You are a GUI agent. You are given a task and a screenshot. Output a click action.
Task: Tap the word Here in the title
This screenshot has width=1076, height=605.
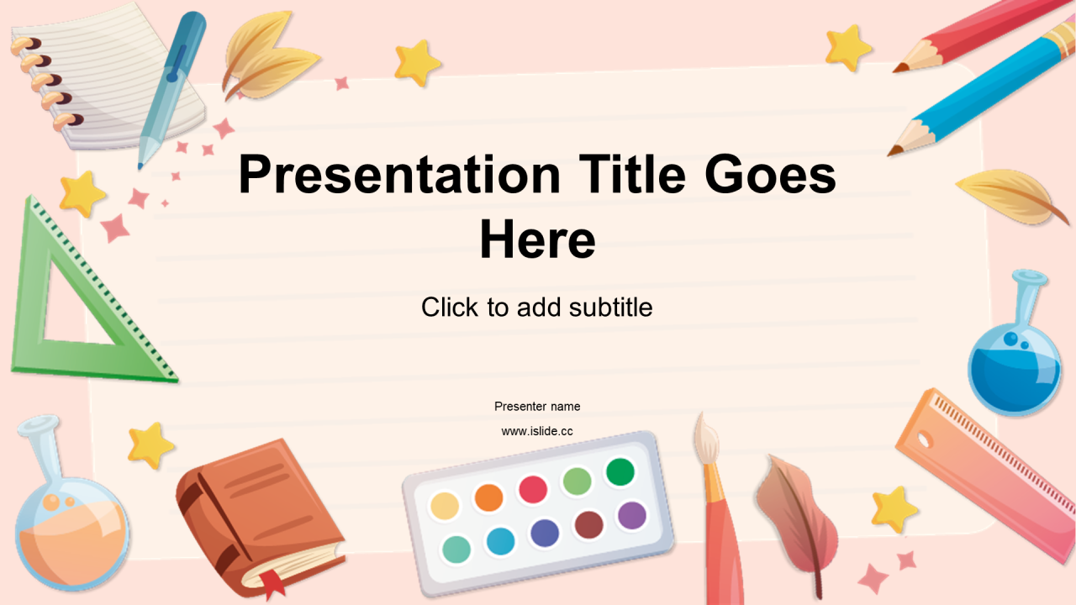(537, 239)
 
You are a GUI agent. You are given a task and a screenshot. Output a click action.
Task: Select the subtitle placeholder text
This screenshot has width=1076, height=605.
(537, 308)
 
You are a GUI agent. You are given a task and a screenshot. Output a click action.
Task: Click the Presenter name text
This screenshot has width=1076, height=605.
(537, 407)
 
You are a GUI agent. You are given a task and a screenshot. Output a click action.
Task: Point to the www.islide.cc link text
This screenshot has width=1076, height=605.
(537, 431)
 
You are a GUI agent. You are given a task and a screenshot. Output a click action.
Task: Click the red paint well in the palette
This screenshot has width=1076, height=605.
(533, 489)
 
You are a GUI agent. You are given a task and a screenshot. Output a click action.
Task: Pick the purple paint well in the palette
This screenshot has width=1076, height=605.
(631, 516)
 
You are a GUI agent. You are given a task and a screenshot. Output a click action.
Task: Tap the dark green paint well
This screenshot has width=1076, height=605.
(620, 472)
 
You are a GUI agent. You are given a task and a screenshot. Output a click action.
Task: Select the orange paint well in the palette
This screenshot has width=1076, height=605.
(488, 497)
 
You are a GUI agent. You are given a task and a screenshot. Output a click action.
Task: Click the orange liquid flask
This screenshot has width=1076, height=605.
(72, 533)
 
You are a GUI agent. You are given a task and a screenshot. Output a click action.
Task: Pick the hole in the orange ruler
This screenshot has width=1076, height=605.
(924, 439)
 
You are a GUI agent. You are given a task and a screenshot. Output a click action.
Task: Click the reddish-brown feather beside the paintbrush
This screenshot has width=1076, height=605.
(798, 523)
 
